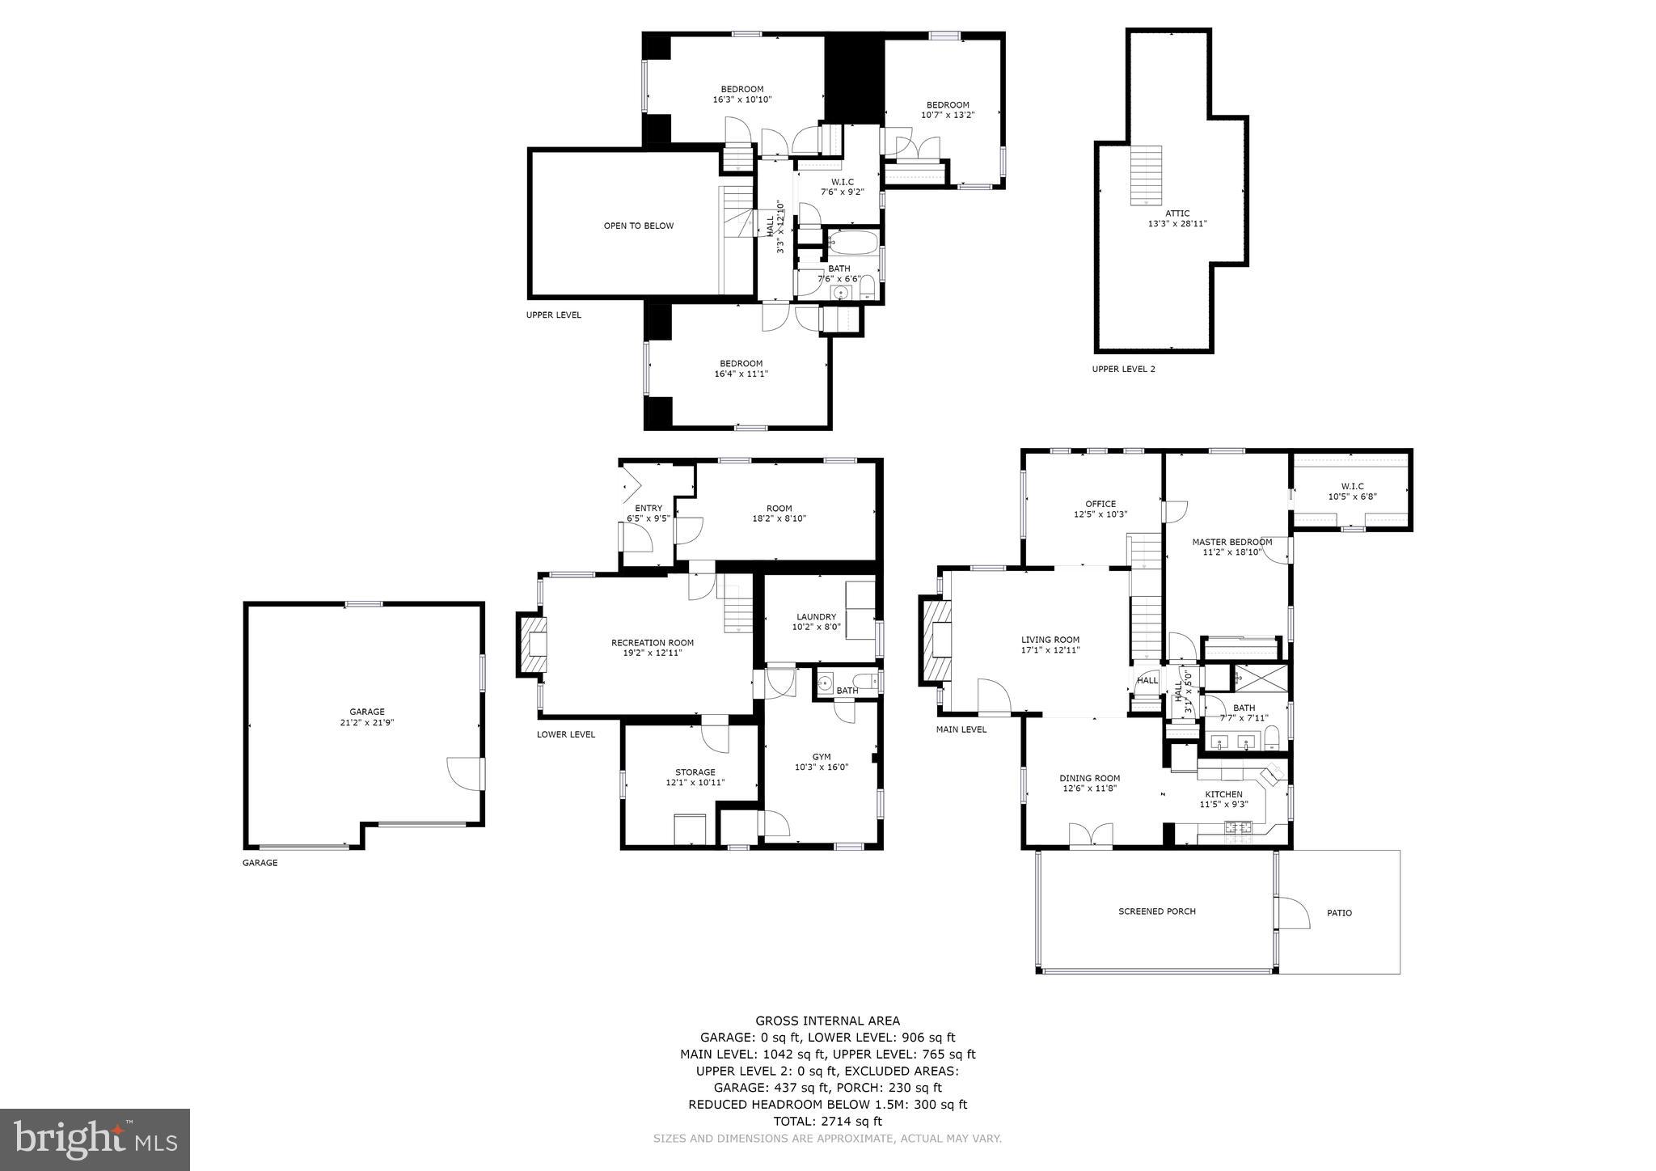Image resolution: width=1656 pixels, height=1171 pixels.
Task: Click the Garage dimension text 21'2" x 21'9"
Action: [x=366, y=723]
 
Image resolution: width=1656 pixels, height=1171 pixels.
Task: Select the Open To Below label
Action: [x=638, y=226]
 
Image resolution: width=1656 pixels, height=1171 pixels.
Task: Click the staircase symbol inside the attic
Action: [x=1145, y=175]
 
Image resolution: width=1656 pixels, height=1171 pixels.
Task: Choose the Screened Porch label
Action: [x=1156, y=911]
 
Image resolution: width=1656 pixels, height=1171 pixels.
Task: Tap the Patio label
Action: [x=1339, y=913]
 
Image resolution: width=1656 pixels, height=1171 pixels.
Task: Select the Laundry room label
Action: [x=815, y=617]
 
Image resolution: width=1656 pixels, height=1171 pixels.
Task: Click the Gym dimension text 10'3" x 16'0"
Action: [x=821, y=767]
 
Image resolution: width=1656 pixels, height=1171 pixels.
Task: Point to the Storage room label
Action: [x=695, y=772]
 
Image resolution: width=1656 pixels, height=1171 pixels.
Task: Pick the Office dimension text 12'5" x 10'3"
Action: [x=1100, y=514]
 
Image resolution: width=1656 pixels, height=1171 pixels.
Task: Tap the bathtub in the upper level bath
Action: [x=852, y=243]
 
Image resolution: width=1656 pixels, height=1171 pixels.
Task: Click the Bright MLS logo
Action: [x=95, y=1139]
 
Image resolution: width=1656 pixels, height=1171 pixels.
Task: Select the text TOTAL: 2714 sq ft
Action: [x=827, y=1121]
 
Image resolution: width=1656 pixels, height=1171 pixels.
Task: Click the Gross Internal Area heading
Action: [x=827, y=1021]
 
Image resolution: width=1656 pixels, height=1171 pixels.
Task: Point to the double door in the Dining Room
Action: [x=1090, y=835]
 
